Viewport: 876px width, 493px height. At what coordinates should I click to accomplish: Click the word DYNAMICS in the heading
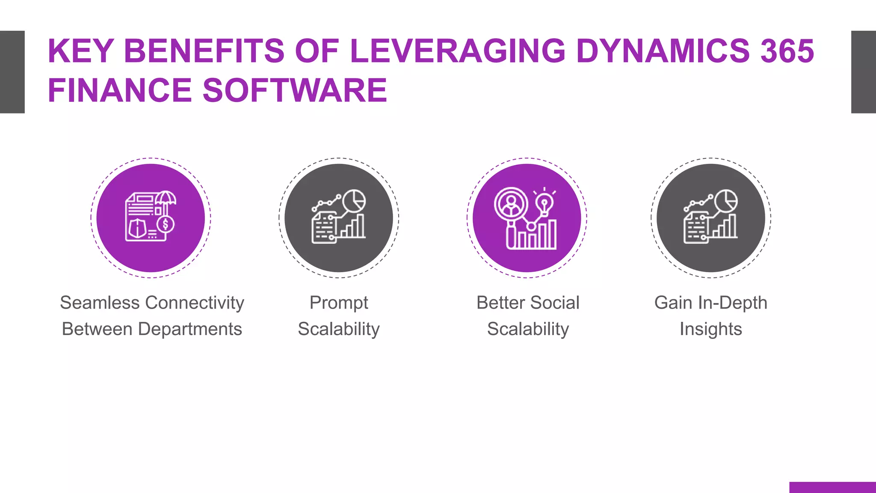point(663,51)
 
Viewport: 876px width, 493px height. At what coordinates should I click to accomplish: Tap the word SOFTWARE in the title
point(295,90)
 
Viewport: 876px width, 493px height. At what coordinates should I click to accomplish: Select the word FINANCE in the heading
point(120,90)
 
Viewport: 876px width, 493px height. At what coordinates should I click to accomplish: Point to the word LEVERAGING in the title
point(457,51)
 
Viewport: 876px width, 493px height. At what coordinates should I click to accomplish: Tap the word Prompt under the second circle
point(339,303)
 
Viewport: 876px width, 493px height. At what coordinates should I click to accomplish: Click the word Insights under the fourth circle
point(710,329)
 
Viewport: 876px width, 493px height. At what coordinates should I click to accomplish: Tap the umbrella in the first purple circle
point(166,198)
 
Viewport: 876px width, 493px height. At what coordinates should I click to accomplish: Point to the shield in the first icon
point(137,228)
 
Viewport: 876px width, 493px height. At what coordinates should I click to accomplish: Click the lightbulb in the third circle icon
point(545,203)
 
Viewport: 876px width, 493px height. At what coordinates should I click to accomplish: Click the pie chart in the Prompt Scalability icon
point(354,200)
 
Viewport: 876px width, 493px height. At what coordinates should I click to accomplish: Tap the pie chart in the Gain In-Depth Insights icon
point(726,200)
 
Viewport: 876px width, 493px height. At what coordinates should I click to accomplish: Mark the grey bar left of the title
point(12,72)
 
